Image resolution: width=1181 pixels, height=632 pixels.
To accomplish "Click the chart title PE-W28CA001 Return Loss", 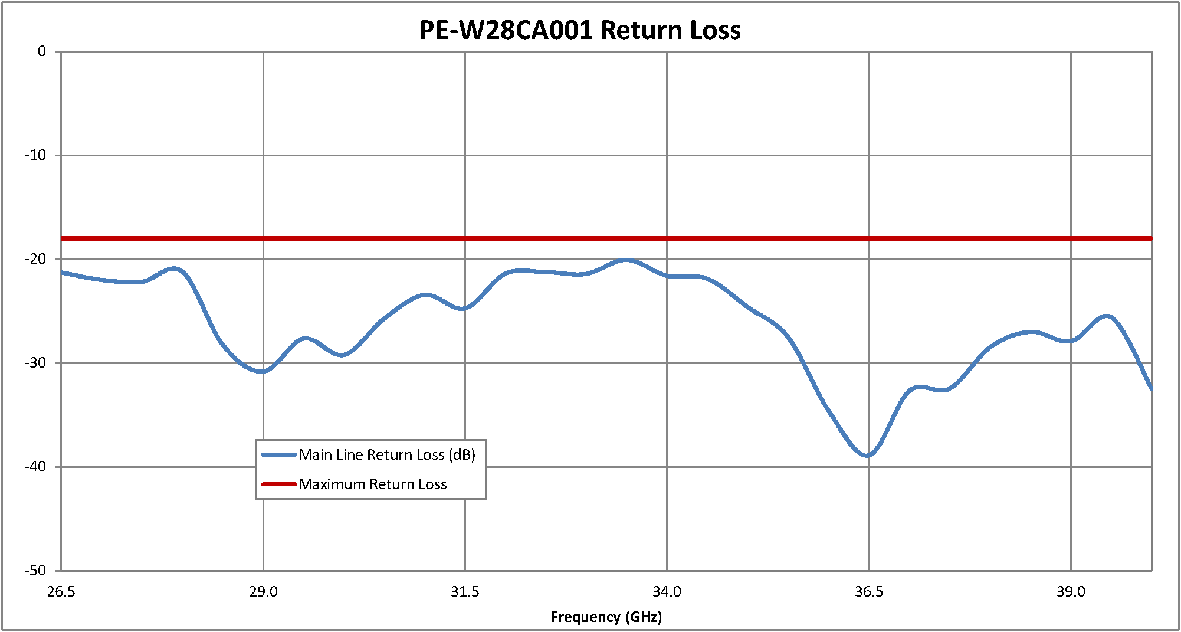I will tap(579, 30).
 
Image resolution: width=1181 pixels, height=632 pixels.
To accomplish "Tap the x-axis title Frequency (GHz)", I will tap(606, 617).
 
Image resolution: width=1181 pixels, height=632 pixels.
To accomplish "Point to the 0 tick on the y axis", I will tap(42, 52).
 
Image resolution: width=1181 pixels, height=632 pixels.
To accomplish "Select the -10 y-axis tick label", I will tap(35, 155).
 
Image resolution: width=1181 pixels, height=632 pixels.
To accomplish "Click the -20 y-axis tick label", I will tap(35, 259).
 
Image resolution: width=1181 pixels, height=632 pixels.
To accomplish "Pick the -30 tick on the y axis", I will tap(35, 363).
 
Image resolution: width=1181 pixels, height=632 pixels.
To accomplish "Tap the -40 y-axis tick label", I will tap(35, 467).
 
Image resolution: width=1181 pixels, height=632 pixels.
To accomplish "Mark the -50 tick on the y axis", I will tap(35, 571).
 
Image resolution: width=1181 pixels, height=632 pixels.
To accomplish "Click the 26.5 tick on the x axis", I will tap(61, 592).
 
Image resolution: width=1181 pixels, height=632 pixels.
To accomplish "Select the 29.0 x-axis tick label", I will tap(263, 592).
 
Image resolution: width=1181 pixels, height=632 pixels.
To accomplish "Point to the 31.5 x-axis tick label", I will tap(465, 592).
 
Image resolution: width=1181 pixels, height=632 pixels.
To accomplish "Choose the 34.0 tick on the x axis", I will tap(667, 592).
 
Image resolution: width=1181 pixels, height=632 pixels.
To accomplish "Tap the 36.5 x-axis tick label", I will tap(868, 592).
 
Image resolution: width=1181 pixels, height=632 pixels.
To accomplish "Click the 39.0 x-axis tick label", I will tap(1071, 592).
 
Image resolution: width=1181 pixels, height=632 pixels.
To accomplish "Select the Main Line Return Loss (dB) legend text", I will tap(386, 455).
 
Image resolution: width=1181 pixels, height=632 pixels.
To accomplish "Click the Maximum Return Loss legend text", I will tap(372, 484).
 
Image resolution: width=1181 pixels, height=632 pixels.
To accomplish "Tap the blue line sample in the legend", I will tap(278, 455).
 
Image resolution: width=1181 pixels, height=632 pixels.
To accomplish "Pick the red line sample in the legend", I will tap(278, 484).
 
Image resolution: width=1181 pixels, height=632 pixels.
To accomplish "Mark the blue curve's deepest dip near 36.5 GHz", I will tap(867, 456).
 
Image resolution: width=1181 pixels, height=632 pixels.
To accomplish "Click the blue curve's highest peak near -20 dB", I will tap(626, 260).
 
